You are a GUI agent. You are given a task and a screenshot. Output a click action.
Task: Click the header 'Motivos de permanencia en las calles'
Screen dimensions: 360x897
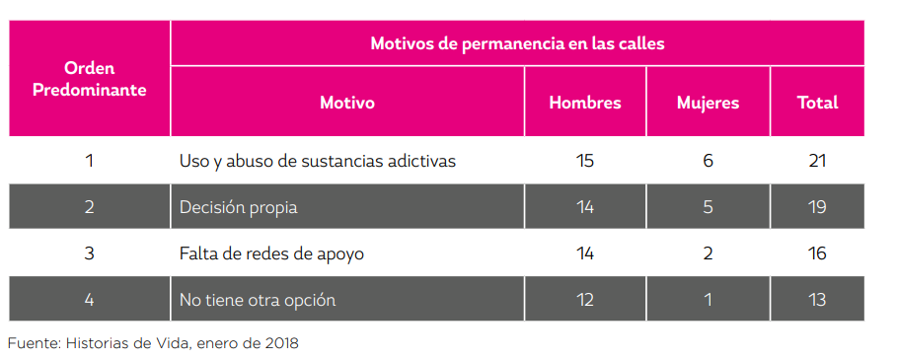coord(517,43)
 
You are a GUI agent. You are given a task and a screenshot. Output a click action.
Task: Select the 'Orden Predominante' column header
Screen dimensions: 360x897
coord(90,79)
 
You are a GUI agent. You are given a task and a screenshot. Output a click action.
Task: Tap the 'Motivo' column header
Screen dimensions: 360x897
coord(347,103)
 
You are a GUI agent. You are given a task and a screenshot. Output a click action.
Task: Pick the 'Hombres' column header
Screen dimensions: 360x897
coord(585,103)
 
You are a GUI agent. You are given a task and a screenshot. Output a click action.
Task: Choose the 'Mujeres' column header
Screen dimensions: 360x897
coord(708,103)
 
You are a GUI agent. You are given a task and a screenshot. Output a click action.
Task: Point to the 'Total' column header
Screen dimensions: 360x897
coord(817,103)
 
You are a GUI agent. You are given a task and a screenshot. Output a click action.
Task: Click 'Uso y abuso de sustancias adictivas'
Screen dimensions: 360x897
coord(318,161)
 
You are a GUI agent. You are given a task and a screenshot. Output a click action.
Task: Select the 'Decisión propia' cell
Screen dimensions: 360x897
coord(238,207)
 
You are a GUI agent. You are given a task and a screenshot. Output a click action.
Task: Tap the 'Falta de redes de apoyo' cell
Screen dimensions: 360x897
coord(271,253)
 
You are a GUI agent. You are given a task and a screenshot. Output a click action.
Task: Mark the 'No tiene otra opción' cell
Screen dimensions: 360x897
coord(258,300)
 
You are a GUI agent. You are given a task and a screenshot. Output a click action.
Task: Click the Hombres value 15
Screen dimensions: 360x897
coord(585,161)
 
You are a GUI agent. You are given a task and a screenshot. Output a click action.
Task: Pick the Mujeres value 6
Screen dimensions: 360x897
coord(708,161)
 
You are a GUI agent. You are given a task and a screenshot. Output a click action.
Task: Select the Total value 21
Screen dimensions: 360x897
coord(816,161)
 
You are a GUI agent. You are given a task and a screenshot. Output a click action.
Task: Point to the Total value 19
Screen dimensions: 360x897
coord(816,207)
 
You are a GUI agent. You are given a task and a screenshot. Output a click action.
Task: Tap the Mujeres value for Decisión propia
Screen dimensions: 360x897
coord(708,207)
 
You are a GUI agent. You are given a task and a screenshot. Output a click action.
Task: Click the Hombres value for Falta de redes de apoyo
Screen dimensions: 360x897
coord(585,253)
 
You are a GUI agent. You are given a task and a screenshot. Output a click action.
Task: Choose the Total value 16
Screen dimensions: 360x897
coord(816,253)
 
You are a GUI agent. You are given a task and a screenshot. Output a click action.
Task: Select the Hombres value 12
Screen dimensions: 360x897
coord(585,300)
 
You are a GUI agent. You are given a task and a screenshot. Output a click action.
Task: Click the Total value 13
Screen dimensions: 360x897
coord(816,300)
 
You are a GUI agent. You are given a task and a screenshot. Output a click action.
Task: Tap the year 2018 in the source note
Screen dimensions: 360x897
coord(280,343)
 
